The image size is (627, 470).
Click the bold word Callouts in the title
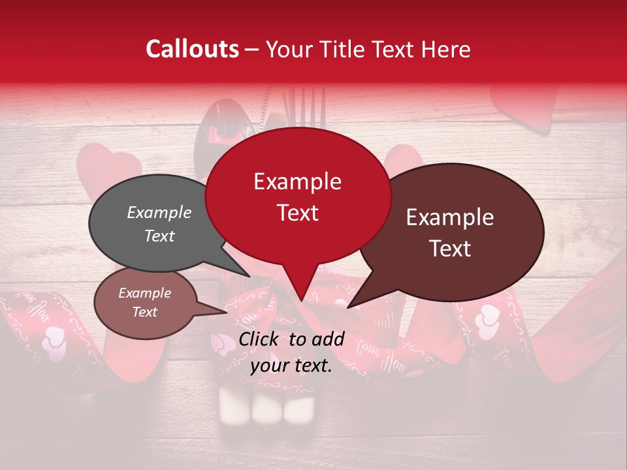coord(192,49)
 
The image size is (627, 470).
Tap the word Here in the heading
coord(446,49)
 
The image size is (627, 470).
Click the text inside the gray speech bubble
coord(159,224)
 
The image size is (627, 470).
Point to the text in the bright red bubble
coord(297,197)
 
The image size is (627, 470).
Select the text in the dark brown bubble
coord(450,232)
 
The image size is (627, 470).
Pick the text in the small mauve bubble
coord(144,302)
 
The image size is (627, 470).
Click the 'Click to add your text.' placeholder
coord(291,352)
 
